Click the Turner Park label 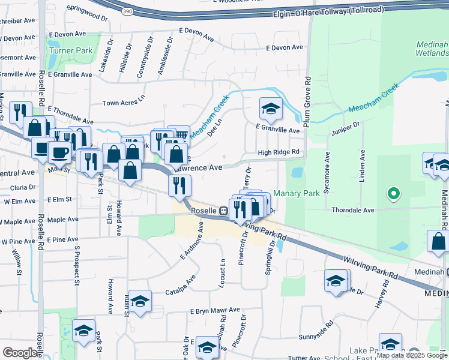(x=71, y=51)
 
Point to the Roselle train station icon (x=223, y=211)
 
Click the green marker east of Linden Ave (x=394, y=194)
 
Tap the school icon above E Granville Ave (x=271, y=109)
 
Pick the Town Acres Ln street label (x=124, y=103)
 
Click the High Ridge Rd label (x=279, y=152)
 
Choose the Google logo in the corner (x=20, y=353)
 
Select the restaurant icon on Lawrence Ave (x=179, y=185)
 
